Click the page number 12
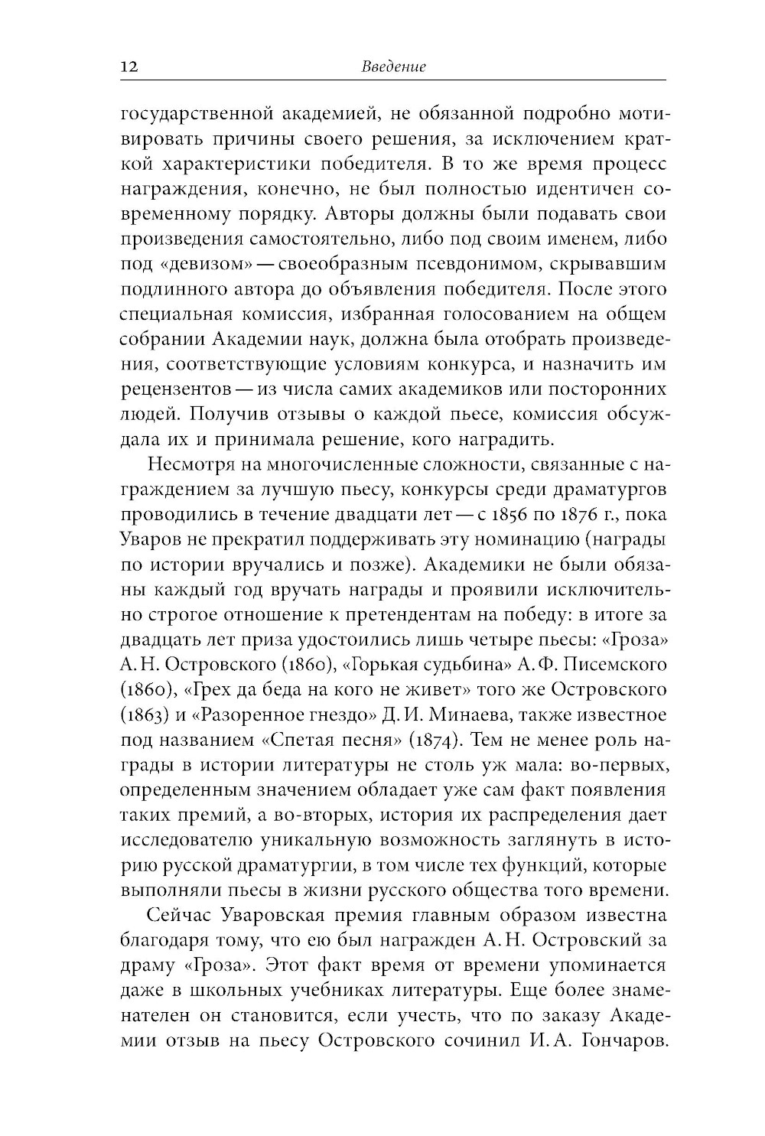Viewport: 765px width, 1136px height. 128,67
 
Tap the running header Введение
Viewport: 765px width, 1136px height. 392,67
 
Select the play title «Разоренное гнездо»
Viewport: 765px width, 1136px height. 282,714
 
